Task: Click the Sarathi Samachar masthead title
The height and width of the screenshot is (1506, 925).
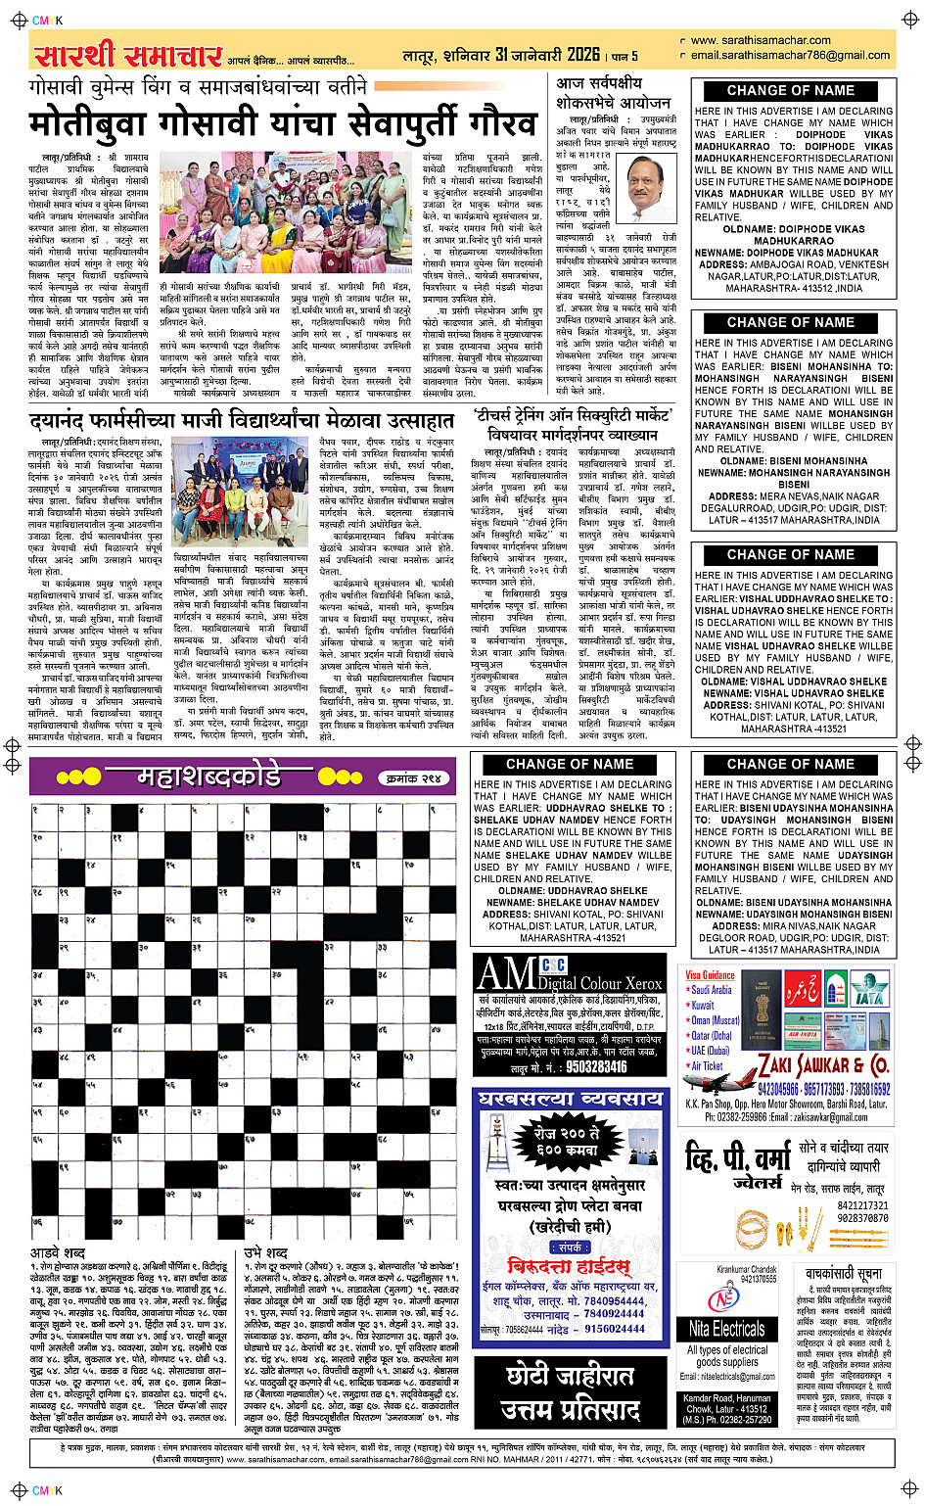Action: click(127, 55)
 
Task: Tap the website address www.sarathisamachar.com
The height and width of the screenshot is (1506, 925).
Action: click(760, 41)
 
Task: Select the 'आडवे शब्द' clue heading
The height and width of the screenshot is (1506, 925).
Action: click(58, 1253)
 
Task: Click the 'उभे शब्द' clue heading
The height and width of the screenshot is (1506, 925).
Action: click(266, 1253)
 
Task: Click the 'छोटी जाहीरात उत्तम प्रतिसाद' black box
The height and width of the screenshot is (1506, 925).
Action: click(569, 1392)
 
